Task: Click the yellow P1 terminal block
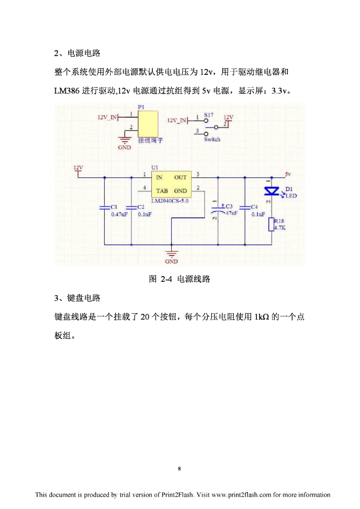point(148,124)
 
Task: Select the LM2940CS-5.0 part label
point(170,201)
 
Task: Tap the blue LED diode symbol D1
point(272,192)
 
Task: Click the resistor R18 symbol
point(272,224)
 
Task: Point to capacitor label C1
point(114,207)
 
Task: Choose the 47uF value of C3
point(231,213)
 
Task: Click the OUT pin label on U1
point(180,178)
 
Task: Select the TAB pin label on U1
point(162,191)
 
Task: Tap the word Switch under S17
point(212,139)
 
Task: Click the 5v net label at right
point(288,174)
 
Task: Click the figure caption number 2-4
point(166,279)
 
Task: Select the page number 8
point(179,469)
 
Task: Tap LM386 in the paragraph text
point(67,91)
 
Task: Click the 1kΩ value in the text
point(262,317)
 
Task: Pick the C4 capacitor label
point(254,207)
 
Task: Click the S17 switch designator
point(209,115)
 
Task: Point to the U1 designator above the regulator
point(155,168)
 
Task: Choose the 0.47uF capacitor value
point(119,214)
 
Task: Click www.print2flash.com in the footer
point(241,495)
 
